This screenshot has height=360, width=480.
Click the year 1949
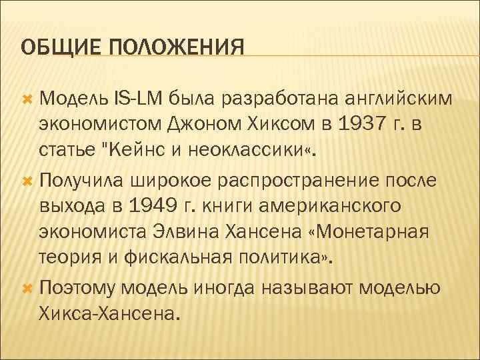pos(149,206)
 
